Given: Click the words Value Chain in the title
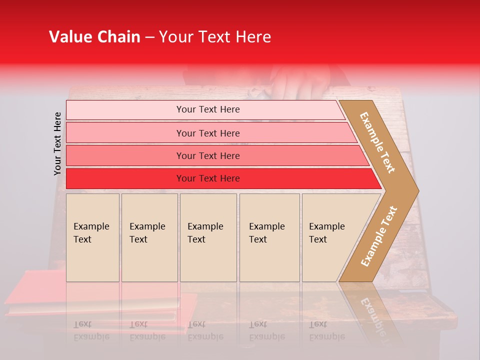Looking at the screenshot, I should click(94, 37).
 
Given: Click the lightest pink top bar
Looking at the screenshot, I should click(125, 110).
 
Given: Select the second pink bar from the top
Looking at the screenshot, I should click(125, 133).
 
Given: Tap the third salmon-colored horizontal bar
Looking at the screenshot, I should click(125, 156).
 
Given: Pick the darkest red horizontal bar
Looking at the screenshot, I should click(125, 178).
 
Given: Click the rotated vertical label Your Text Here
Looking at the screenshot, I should click(57, 143).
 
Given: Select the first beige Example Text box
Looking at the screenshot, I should click(92, 237).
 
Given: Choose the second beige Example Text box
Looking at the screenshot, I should click(149, 237).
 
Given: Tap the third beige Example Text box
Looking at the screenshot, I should click(208, 237).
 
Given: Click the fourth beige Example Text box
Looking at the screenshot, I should click(269, 237).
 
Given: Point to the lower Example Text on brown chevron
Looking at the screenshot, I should click(379, 236).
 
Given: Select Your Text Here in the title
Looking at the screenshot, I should click(215, 37).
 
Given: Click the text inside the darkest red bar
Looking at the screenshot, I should click(208, 178).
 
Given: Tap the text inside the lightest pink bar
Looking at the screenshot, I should click(208, 109).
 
